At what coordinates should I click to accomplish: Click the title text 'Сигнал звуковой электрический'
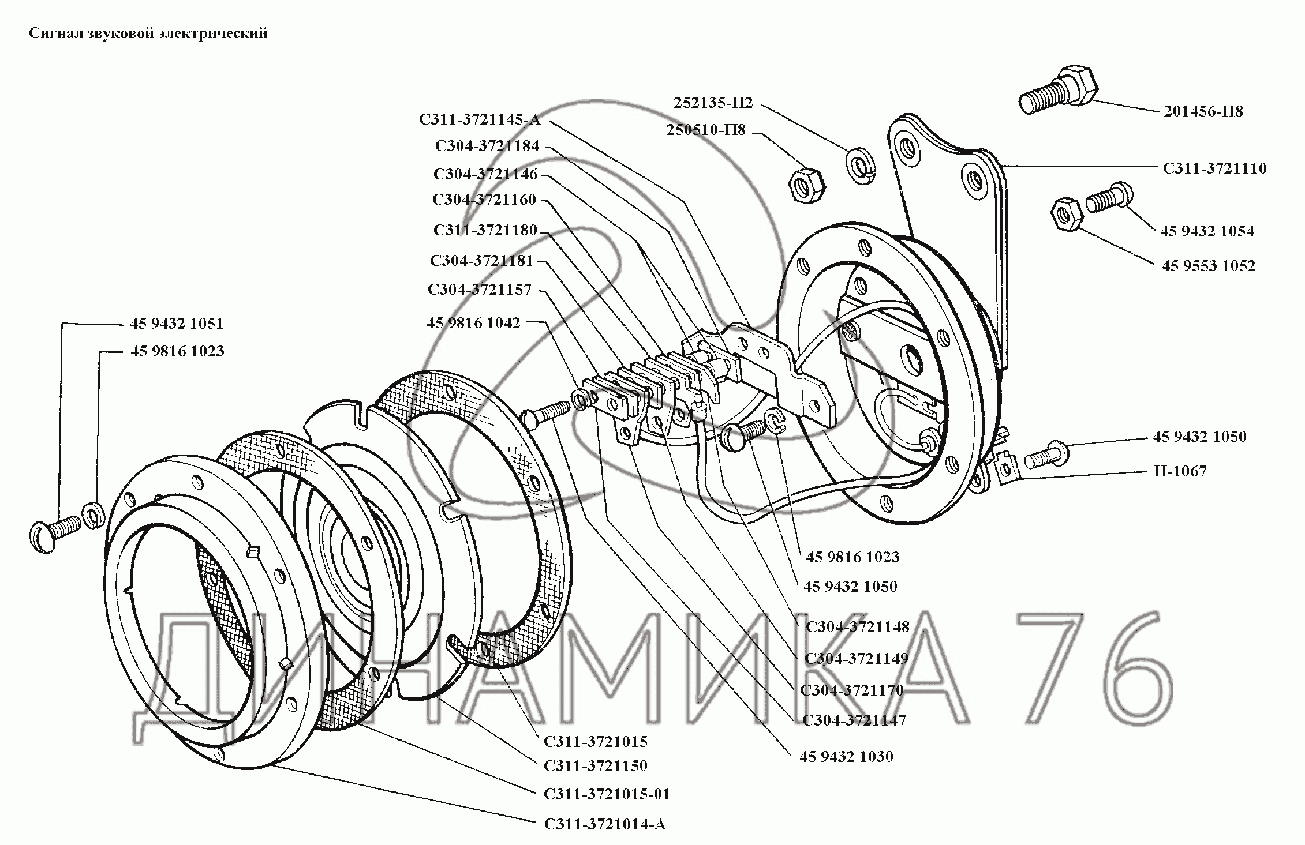click(148, 33)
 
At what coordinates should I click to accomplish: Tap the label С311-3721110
click(1214, 168)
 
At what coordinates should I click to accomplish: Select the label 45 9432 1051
click(177, 324)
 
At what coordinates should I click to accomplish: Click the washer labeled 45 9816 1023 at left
click(93, 516)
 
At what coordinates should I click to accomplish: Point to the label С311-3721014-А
click(604, 824)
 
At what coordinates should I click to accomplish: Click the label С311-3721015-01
click(607, 794)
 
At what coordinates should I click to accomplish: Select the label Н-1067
click(1180, 471)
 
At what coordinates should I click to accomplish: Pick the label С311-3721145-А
click(479, 119)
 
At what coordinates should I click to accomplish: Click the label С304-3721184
click(487, 146)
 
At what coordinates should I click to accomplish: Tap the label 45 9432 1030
click(846, 757)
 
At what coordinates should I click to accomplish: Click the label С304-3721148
click(857, 626)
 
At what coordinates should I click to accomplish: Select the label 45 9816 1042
click(473, 323)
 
